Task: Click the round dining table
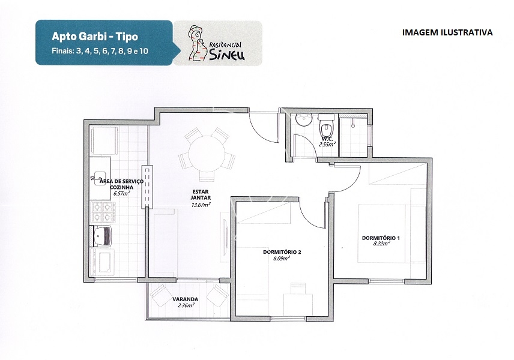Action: click(x=207, y=154)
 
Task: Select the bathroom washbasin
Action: click(x=304, y=119)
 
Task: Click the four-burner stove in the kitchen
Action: click(x=103, y=212)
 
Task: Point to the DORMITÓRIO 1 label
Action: click(x=381, y=238)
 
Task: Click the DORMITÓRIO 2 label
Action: click(x=282, y=252)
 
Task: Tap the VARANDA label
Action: click(x=185, y=299)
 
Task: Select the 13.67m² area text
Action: click(x=201, y=205)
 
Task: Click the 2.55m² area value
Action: click(x=327, y=144)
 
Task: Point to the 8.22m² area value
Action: click(x=381, y=244)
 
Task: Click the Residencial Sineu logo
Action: click(x=217, y=44)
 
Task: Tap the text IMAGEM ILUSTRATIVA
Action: click(x=447, y=32)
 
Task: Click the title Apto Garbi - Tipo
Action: click(x=95, y=37)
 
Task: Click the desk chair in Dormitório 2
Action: click(x=298, y=288)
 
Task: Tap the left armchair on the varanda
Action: click(x=161, y=295)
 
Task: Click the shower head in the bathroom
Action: click(x=353, y=123)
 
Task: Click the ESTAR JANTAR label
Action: click(x=201, y=194)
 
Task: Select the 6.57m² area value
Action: click(x=122, y=193)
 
